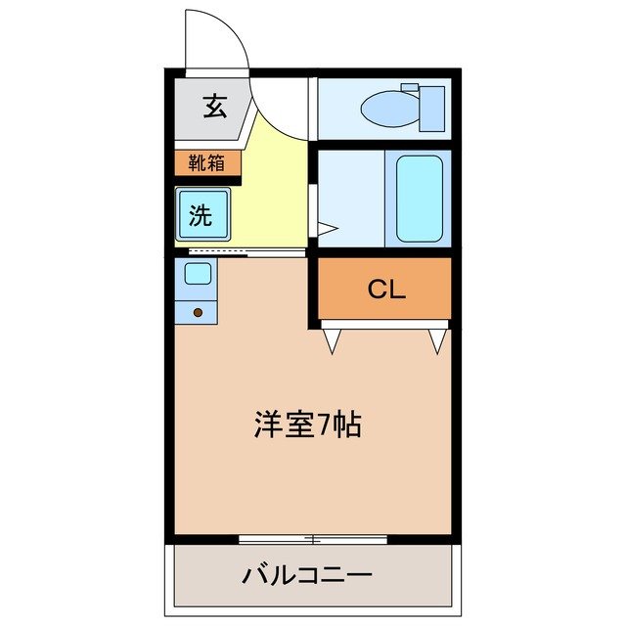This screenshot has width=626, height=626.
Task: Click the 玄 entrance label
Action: coord(214,106)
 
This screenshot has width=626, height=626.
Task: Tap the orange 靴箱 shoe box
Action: coord(207,162)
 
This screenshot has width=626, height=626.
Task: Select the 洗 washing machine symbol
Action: coord(201,215)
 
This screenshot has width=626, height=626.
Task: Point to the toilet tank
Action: coord(430,108)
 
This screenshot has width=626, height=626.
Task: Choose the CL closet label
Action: coord(385,290)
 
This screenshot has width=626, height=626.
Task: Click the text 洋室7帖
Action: coord(308,425)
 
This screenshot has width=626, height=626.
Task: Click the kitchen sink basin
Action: coord(198,273)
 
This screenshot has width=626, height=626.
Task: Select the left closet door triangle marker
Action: coord(332,340)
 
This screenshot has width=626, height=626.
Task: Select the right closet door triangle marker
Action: coord(437,340)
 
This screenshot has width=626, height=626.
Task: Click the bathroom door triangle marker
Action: coord(326,230)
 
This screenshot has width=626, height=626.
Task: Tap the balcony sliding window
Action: coord(313,539)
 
